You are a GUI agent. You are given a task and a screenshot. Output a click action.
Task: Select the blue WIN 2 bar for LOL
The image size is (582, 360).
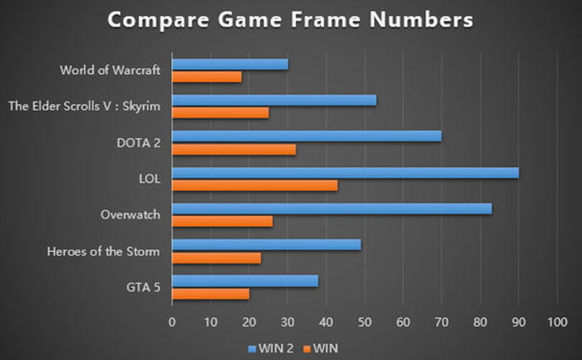click(x=345, y=173)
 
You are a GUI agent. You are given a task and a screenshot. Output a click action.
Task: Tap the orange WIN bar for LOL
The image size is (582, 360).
click(x=254, y=185)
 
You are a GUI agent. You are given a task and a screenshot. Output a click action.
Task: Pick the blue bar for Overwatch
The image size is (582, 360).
click(x=332, y=209)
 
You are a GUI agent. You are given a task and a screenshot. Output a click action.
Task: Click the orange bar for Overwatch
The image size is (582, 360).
click(x=222, y=221)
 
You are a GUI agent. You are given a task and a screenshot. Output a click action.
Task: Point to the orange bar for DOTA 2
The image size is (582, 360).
click(x=234, y=149)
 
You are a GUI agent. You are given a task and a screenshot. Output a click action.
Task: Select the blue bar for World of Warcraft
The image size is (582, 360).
click(x=229, y=64)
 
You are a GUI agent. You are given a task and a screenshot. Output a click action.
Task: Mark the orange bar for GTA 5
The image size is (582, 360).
click(x=210, y=293)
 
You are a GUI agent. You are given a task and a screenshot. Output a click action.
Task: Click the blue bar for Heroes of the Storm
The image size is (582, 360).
click(x=266, y=245)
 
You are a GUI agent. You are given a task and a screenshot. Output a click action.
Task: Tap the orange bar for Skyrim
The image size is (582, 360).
click(x=220, y=112)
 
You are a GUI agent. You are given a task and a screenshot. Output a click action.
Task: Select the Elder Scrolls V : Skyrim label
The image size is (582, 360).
click(x=83, y=106)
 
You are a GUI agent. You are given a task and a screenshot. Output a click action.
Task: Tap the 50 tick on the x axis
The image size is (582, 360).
click(x=364, y=322)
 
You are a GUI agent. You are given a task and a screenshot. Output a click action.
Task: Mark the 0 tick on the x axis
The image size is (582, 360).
click(x=172, y=322)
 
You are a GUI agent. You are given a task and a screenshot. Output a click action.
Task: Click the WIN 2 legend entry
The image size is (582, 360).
click(x=269, y=344)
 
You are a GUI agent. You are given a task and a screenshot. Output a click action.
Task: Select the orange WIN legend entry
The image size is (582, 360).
click(x=319, y=344)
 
